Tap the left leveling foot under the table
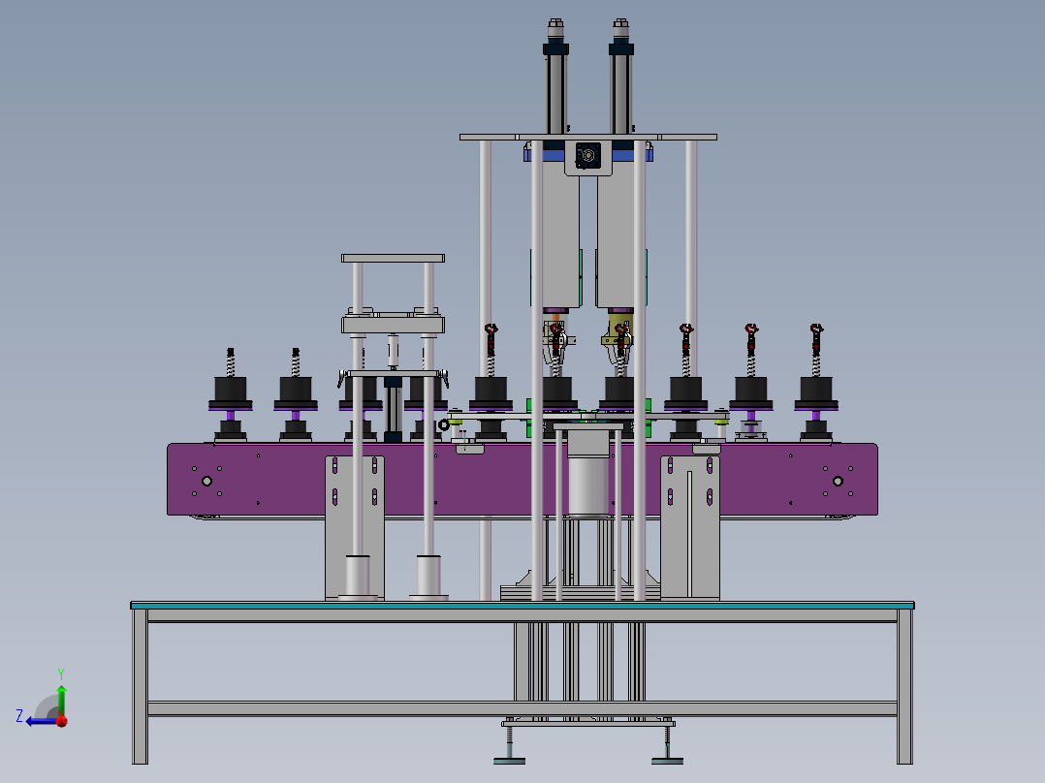(x=510, y=755)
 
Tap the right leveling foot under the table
(x=667, y=755)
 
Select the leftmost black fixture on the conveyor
(x=230, y=391)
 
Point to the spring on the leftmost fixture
(x=231, y=364)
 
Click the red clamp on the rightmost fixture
(x=816, y=334)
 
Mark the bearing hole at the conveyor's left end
(x=206, y=481)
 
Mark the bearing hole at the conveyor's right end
(x=838, y=481)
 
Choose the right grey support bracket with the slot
(x=690, y=528)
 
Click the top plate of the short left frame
(x=393, y=258)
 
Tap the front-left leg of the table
(x=141, y=688)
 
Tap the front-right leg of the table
(x=904, y=688)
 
